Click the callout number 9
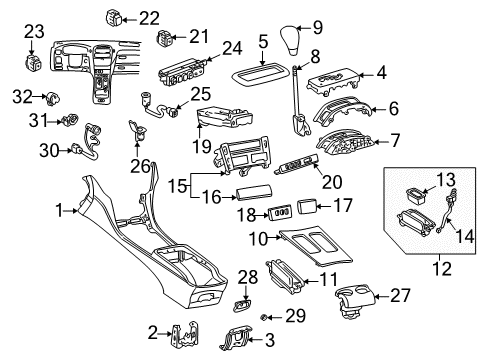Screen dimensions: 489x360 pos(317,27)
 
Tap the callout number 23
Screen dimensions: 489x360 pos(34,31)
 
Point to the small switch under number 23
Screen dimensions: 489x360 pos(34,62)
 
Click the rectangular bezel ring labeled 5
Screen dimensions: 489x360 pos(260,73)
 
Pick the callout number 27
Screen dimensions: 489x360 pos(400,295)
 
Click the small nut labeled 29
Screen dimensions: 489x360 pos(263,317)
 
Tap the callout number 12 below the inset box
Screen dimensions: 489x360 pos(442,269)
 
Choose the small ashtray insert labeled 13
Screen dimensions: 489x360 pos(415,196)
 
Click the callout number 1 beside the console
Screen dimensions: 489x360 pos(59,211)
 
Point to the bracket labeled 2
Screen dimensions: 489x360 pos(185,335)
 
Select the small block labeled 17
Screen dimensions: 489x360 pos(306,207)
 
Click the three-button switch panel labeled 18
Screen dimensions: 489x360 pos(280,213)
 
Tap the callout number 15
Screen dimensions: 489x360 pos(177,185)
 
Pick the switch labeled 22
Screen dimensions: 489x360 pos(114,17)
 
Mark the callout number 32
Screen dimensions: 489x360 pos(22,97)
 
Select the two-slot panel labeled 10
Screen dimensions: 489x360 pos(315,246)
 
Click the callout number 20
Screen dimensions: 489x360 pos(332,182)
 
